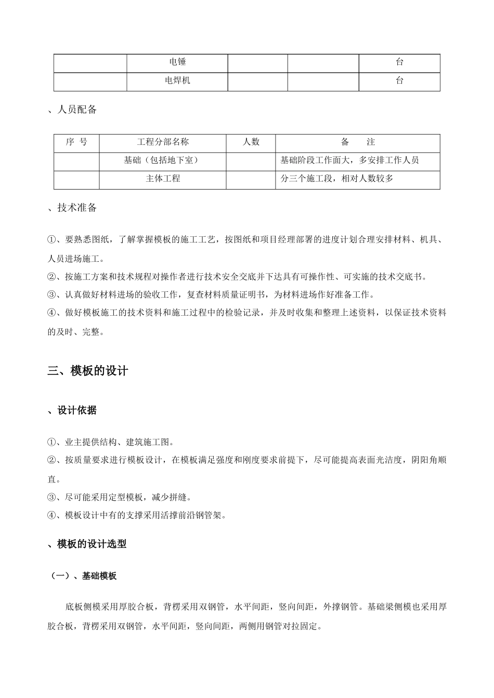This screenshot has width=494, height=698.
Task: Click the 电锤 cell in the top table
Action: tap(177, 62)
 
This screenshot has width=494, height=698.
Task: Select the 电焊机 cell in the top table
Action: tap(177, 81)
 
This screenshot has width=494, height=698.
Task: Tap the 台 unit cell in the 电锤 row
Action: tap(399, 62)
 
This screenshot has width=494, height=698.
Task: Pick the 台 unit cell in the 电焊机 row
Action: tap(399, 81)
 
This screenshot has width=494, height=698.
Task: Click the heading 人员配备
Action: tap(76, 110)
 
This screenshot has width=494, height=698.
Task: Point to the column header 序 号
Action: tap(76, 142)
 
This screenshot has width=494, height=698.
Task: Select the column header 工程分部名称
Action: tap(163, 142)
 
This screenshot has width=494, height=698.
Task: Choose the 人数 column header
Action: tap(251, 142)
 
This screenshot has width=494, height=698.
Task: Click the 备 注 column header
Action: tap(358, 142)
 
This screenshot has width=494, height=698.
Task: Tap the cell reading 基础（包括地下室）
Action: tap(163, 160)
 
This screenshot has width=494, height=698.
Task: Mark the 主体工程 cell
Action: tap(163, 178)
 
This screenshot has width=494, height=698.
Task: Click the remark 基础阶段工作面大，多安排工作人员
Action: tap(349, 160)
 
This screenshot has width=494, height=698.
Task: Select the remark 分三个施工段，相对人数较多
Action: tap(336, 178)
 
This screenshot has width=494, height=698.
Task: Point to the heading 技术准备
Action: tap(76, 208)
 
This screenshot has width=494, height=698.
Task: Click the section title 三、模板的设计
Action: tap(87, 371)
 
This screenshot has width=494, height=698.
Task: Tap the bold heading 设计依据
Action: tap(76, 410)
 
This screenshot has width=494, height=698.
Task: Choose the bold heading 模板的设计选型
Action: tap(91, 544)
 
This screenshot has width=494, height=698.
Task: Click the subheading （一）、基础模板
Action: tap(83, 575)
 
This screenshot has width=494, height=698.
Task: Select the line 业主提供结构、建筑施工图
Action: tap(116, 442)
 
